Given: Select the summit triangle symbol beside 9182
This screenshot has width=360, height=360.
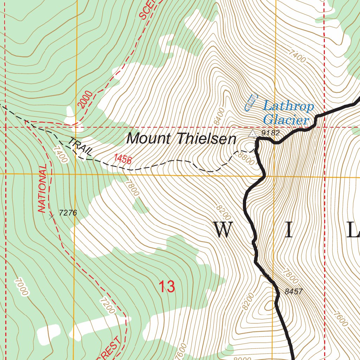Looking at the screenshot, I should (252, 133).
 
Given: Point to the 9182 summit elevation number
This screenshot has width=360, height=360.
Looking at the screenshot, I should (270, 133).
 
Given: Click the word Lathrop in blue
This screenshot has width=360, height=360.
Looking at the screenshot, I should (288, 106).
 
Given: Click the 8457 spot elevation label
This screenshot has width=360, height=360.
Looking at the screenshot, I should (294, 291).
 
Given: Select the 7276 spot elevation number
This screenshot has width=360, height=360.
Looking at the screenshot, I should (68, 213).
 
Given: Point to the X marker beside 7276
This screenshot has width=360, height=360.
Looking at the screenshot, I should (52, 217).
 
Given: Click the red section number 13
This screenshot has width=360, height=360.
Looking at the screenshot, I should (166, 287).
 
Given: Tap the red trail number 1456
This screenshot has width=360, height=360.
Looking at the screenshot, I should (123, 159).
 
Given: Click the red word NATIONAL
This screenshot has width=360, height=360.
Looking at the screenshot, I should (42, 188).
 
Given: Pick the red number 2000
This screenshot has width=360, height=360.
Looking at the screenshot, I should (85, 99).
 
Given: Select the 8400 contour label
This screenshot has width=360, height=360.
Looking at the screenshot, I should (219, 117).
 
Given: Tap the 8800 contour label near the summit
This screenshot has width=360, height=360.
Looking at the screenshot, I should (245, 158).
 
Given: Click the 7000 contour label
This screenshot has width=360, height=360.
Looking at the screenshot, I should (21, 287).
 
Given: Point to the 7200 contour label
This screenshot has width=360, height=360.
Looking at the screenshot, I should (107, 306).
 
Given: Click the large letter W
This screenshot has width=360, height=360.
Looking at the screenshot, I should (223, 230).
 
